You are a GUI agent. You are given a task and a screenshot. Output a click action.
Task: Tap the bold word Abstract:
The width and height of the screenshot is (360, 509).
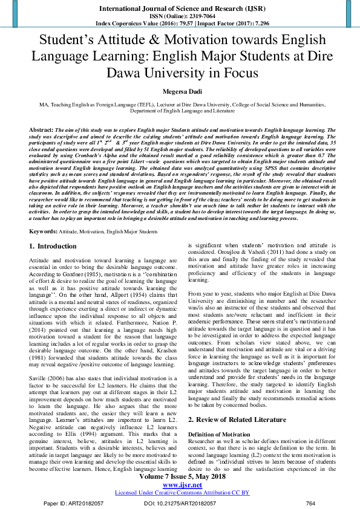(41, 130)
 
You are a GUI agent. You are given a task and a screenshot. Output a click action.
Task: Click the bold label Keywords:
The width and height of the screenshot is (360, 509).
(44, 215)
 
